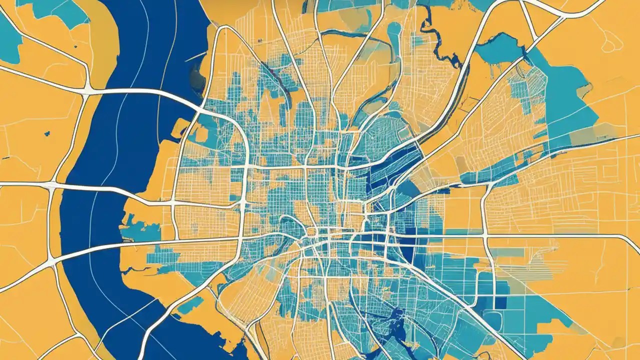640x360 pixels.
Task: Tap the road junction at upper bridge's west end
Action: click(x=87, y=91)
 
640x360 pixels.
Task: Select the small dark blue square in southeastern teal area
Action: click(x=500, y=303)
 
